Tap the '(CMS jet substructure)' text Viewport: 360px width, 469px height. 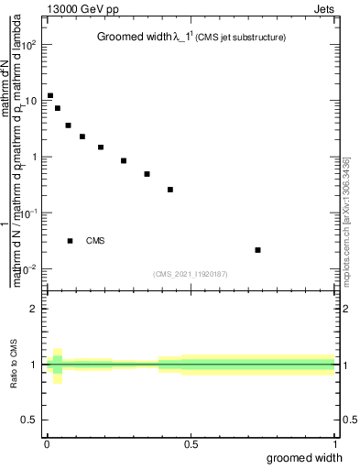242,38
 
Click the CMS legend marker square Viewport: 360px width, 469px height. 70,241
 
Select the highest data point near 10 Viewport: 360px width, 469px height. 50,95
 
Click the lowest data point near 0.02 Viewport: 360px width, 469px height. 258,250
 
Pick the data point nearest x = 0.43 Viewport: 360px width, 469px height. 170,190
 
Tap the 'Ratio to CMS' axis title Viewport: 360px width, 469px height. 14,365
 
